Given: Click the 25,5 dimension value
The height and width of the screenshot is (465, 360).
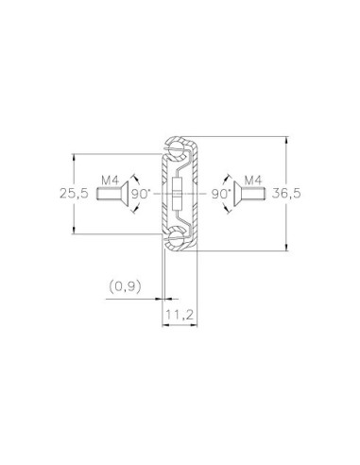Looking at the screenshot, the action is (74, 193).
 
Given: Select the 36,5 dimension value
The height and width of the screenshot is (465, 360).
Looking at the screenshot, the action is (286, 193).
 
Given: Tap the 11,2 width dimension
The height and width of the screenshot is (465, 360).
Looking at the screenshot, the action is (180, 315).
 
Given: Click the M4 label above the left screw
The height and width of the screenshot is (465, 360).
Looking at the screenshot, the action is (110, 181).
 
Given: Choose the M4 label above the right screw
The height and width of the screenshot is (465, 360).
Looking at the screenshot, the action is (253, 181).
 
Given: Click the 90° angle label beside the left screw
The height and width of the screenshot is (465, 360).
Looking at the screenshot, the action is (139, 194).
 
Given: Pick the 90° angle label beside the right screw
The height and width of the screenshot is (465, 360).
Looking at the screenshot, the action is (221, 194).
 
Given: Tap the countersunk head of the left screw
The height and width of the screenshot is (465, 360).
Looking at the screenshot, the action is (125, 194).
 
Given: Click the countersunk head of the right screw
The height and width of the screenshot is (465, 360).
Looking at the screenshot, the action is (237, 194).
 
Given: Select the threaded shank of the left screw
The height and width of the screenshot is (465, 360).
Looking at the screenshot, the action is (109, 194).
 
